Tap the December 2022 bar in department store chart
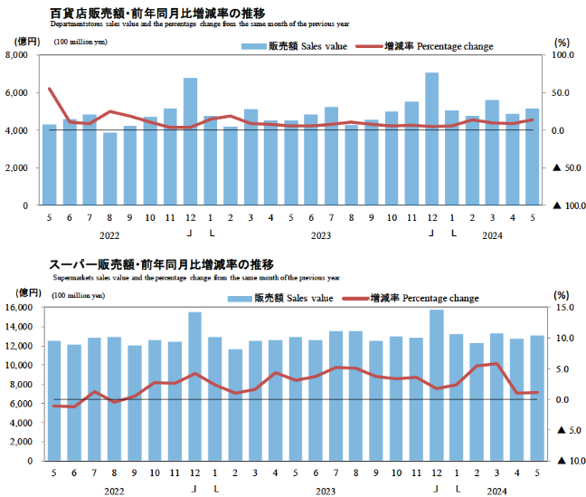point(190,141)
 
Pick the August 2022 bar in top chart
point(109,168)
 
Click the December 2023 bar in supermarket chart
point(437,385)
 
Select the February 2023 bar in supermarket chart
point(235,405)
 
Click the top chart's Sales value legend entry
point(285,45)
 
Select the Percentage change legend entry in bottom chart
point(417,298)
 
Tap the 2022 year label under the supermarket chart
point(113,490)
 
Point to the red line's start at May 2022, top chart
point(49,89)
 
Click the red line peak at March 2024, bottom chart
point(496,364)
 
